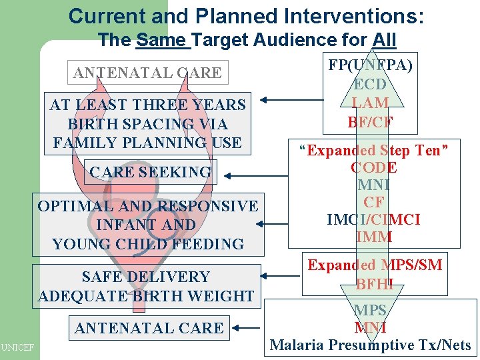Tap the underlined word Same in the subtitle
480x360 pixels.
[x=163, y=40]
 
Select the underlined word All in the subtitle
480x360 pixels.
[x=385, y=40]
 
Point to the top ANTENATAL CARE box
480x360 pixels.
[x=147, y=73]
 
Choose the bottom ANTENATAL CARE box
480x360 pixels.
[x=149, y=328]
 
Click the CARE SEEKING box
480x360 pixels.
[x=150, y=172]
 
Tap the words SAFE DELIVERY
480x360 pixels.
[x=145, y=277]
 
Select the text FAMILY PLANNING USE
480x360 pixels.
[x=147, y=143]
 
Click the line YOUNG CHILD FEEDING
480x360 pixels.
[x=147, y=244]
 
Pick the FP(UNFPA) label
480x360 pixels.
[x=370, y=65]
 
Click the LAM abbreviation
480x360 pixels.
[x=370, y=103]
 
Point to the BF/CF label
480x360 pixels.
[x=370, y=122]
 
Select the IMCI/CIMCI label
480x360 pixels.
[x=373, y=219]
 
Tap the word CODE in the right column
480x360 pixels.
[x=373, y=168]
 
